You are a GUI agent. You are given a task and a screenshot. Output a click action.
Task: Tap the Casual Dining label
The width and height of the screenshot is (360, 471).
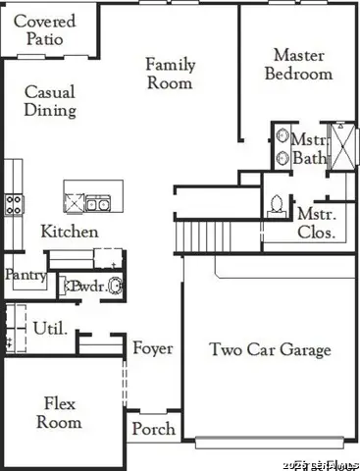[x=50, y=101]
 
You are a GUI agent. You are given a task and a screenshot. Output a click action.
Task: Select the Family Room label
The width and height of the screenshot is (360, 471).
[x=170, y=74]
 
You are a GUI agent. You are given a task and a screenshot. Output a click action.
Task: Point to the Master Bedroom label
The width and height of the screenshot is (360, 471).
[x=299, y=64]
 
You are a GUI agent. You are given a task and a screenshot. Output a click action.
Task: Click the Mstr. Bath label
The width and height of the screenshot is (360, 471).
[x=308, y=148]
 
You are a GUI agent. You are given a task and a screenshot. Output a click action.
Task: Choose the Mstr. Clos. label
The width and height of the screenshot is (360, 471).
[x=316, y=223]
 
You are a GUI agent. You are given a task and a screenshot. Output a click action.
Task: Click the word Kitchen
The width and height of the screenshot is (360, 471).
[x=69, y=232]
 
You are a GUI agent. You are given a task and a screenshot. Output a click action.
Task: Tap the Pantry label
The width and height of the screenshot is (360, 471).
[x=25, y=276]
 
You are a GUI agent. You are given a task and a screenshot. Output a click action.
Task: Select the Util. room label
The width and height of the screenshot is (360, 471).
[x=49, y=328]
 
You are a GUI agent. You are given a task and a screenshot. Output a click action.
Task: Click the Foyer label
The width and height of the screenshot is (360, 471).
[x=153, y=348]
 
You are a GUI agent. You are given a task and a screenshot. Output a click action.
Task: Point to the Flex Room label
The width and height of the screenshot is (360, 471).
[x=59, y=412]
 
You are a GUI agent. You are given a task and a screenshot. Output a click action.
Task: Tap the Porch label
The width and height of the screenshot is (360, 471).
[x=153, y=429]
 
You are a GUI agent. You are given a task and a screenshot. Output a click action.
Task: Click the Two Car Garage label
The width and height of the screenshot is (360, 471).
[x=270, y=349]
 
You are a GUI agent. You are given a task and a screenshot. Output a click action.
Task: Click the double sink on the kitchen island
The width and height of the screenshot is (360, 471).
[x=97, y=204]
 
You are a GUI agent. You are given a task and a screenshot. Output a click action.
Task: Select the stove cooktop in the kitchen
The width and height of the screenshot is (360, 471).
[x=15, y=203]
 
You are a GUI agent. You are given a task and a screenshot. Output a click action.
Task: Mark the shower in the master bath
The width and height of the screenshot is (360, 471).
[x=342, y=146]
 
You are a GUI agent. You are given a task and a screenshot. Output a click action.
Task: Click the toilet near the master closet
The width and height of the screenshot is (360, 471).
[x=277, y=204]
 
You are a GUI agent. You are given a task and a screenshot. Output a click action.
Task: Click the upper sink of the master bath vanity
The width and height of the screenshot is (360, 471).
[x=281, y=138]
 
